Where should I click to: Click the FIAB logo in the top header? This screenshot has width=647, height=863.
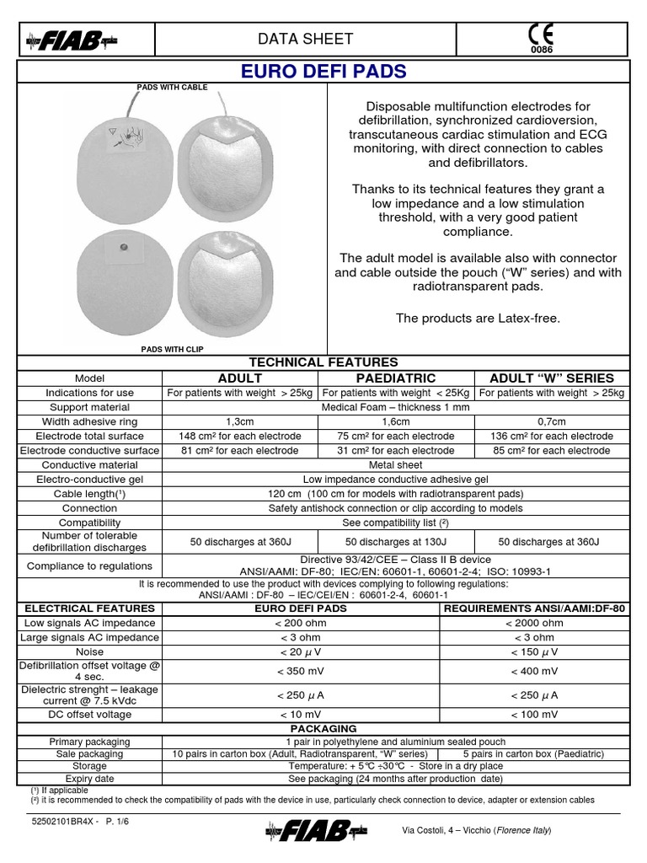(x=72, y=39)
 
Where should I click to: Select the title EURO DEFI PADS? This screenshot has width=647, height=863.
(x=323, y=72)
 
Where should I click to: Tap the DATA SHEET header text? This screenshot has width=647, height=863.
(x=305, y=39)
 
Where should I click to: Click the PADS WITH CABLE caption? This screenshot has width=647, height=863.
(x=172, y=88)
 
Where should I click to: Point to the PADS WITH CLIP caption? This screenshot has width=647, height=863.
(x=172, y=348)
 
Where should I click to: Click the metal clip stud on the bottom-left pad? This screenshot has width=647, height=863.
(x=124, y=247)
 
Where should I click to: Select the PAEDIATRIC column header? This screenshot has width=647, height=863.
(x=396, y=378)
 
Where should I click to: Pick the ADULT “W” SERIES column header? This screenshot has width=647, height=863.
(x=552, y=378)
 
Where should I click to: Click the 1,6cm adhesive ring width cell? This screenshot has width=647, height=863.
(x=396, y=421)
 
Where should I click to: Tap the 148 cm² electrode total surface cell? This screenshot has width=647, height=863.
(x=239, y=436)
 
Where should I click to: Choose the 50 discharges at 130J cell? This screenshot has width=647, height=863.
(x=396, y=542)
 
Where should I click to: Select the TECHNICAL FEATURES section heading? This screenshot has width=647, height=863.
(x=323, y=362)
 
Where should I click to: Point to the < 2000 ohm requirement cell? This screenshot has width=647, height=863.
(x=535, y=623)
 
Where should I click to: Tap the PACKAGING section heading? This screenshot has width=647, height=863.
(x=323, y=728)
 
